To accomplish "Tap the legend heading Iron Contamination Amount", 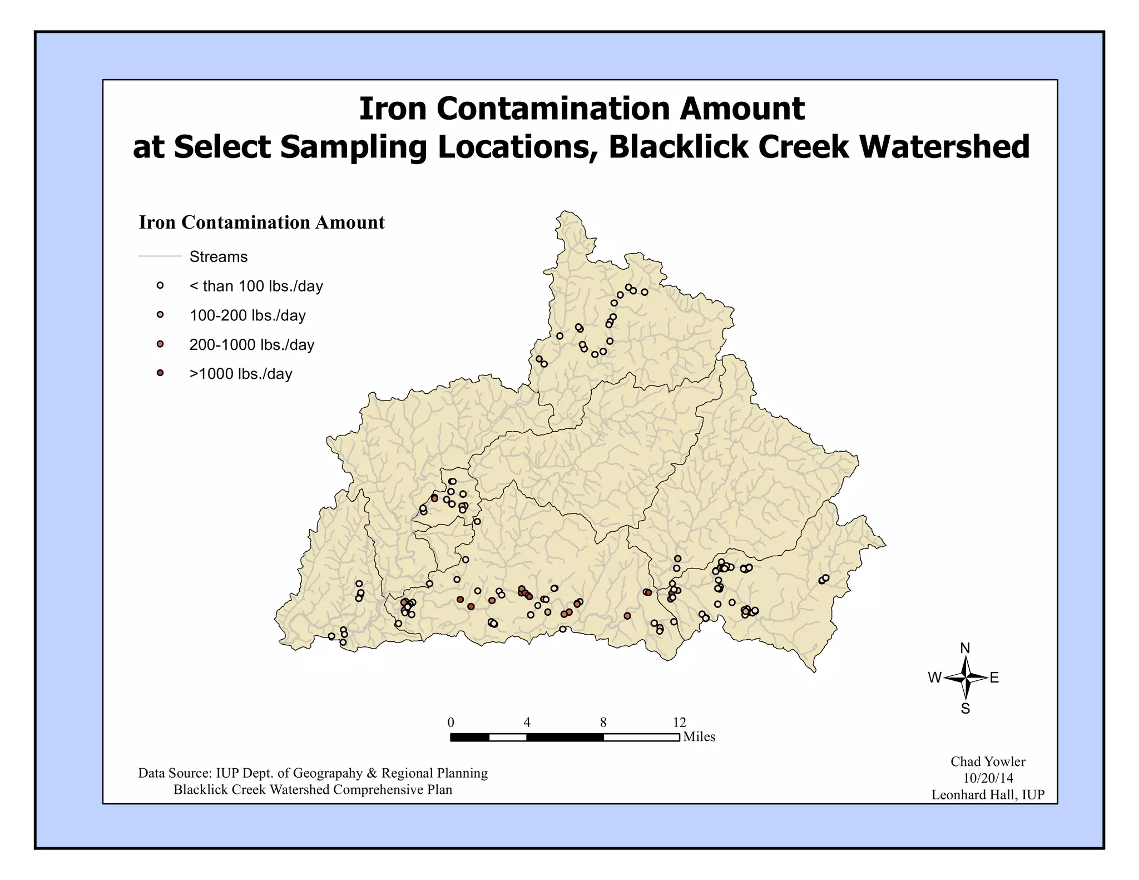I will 261,223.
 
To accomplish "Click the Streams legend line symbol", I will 160,256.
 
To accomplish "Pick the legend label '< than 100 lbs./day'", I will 256,286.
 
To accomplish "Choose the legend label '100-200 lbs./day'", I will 247,315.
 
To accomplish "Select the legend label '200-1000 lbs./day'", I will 252,345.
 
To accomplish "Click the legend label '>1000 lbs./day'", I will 241,374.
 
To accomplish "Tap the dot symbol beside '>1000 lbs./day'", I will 160,373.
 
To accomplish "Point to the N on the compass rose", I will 965,648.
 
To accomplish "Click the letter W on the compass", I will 934,678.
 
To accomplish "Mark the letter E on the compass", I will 994,678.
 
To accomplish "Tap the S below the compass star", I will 965,709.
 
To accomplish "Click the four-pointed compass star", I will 966,678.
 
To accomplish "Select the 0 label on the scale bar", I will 450,723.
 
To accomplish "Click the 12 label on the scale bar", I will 680,723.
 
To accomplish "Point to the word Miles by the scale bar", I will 699,737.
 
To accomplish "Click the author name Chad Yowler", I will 988,762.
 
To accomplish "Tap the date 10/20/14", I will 988,778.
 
